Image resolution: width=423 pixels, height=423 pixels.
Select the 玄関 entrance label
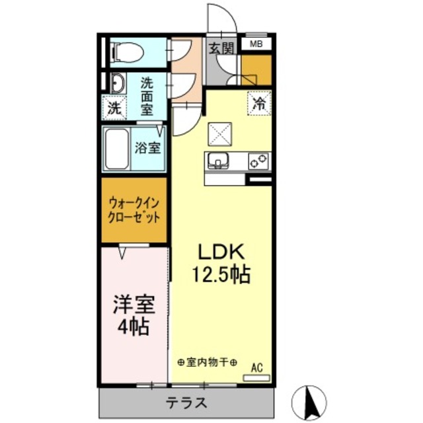[x=221, y=48]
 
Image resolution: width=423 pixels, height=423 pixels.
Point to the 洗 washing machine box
[x=114, y=108]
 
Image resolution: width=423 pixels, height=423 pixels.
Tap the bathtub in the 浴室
[x=118, y=149]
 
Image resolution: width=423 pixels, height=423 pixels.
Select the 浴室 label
[x=148, y=148]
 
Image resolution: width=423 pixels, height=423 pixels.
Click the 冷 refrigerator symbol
[x=260, y=102]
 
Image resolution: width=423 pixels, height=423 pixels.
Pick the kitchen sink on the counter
[x=218, y=161]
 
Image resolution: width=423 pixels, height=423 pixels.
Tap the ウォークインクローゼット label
[x=133, y=210]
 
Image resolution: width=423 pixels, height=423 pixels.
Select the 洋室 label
[x=135, y=305]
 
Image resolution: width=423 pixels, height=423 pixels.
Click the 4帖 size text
[x=134, y=327]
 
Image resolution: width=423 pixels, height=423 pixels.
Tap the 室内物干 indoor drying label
[x=208, y=362]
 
